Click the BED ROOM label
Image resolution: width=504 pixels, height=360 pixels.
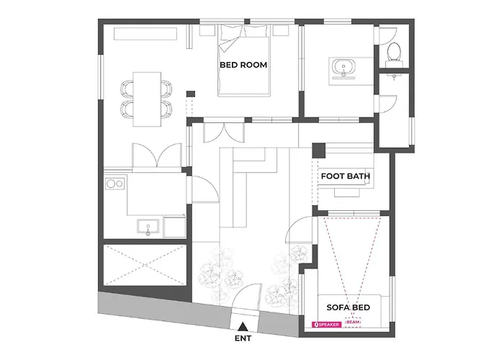pyautogui.click(x=243, y=65)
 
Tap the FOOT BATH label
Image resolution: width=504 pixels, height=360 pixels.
pyautogui.click(x=345, y=176)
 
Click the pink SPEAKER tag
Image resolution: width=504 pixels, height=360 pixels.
pyautogui.click(x=326, y=325)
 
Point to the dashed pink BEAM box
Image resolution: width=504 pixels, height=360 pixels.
pyautogui.click(x=353, y=323)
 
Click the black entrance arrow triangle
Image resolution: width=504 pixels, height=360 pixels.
pyautogui.click(x=243, y=326)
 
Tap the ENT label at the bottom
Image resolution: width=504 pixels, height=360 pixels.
pyautogui.click(x=243, y=338)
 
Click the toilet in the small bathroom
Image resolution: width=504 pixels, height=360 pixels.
pyautogui.click(x=394, y=53)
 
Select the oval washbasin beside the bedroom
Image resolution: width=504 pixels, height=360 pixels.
pyautogui.click(x=343, y=68)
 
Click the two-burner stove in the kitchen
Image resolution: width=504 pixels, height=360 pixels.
pyautogui.click(x=115, y=184)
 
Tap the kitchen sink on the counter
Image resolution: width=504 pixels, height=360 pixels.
pyautogui.click(x=148, y=226)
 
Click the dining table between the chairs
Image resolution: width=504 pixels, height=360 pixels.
pyautogui.click(x=147, y=99)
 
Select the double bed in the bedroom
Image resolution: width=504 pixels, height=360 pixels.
pyautogui.click(x=243, y=60)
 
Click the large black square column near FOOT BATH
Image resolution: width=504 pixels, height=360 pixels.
pyautogui.click(x=319, y=150)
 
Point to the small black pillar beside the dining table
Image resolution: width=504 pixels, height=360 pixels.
pyautogui.click(x=191, y=94)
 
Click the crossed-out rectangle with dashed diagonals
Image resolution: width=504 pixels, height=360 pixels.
pyautogui.click(x=145, y=265)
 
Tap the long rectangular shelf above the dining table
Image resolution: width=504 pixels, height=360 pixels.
pyautogui.click(x=145, y=34)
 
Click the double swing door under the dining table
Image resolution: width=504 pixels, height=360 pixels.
pyautogui.click(x=156, y=156)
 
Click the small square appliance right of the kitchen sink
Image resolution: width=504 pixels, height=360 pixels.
pyautogui.click(x=175, y=227)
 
